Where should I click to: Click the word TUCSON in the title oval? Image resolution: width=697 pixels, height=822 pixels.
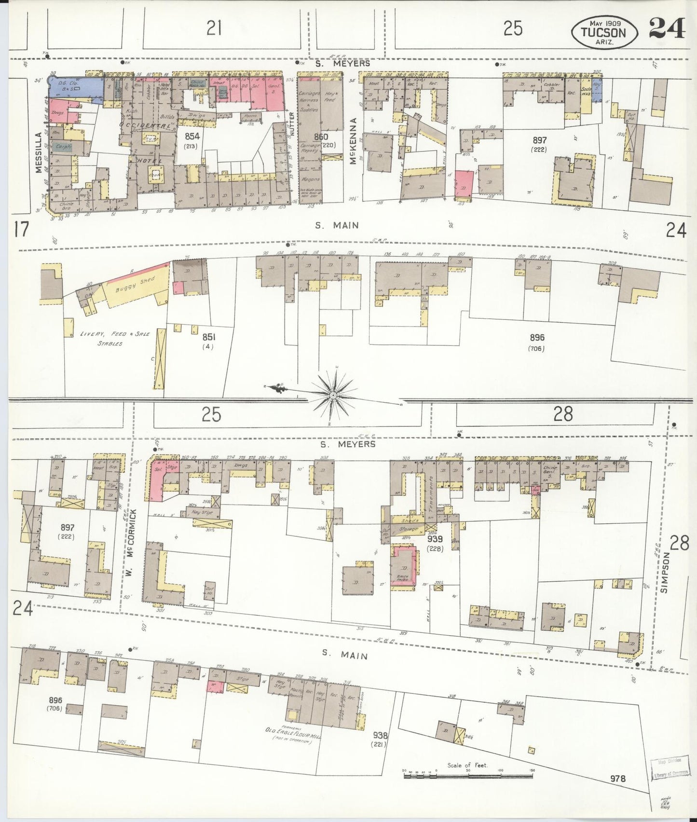coord(603,33)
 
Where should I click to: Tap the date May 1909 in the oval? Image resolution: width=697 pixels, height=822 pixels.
coord(604,23)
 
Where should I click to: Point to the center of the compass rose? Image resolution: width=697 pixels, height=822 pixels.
coord(333,396)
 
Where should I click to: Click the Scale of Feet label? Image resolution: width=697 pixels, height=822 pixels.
coord(467,765)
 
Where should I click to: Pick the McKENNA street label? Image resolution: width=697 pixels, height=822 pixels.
coord(354,141)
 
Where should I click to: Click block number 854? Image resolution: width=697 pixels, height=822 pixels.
coord(192,137)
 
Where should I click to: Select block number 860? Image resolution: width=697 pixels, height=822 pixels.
coord(321,137)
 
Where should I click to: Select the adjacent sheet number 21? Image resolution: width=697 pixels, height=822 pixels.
coord(214,29)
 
